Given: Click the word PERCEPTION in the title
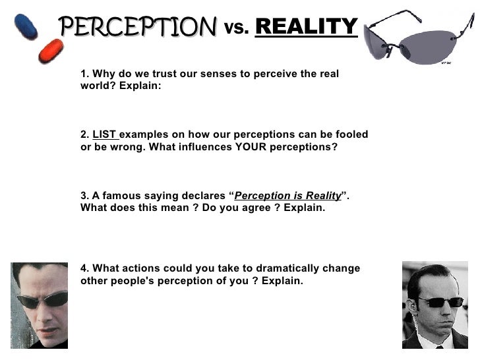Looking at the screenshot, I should click(x=138, y=28).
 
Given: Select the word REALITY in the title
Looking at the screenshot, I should click(x=306, y=27).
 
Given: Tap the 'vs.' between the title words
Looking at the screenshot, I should click(x=237, y=28).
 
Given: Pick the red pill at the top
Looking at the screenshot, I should click(x=51, y=51).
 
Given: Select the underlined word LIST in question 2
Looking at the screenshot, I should click(x=104, y=135).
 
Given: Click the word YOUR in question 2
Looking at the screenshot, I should click(x=252, y=147).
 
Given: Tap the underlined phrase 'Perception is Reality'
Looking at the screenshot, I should click(x=287, y=196).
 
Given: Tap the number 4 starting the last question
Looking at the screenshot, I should click(x=84, y=268).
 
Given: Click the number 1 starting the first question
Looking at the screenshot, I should click(x=84, y=74).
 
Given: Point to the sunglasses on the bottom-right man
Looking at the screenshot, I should click(x=438, y=302).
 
